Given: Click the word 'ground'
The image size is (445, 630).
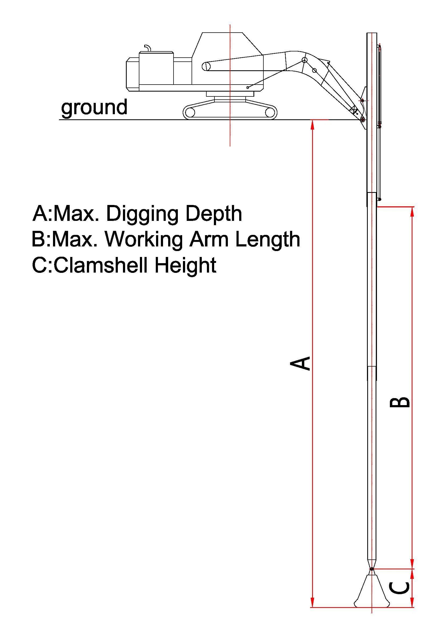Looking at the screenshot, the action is coord(94,107).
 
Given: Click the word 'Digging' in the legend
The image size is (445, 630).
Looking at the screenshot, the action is coord(142,214).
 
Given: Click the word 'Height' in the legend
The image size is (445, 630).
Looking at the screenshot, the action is coord(186,266).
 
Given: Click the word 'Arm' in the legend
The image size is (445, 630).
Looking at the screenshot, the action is coord(209,239).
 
